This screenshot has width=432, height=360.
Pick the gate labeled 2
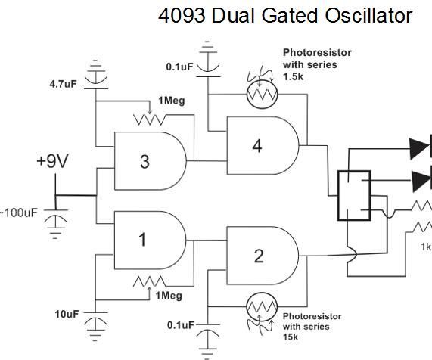pyautogui.click(x=260, y=256)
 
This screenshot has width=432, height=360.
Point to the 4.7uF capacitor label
pyautogui.click(x=59, y=84)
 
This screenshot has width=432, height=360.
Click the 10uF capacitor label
pyautogui.click(x=66, y=313)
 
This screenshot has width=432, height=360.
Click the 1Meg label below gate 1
pyautogui.click(x=169, y=296)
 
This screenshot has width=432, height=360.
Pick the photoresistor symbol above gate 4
pyautogui.click(x=262, y=94)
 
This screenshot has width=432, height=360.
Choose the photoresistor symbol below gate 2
pyautogui.click(x=262, y=309)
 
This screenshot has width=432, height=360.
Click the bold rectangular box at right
pyautogui.click(x=353, y=195)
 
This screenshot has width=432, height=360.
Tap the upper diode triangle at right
pyautogui.click(x=419, y=149)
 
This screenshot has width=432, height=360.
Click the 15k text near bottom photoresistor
pyautogui.click(x=291, y=337)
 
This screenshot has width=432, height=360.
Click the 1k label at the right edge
pyautogui.click(x=426, y=246)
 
